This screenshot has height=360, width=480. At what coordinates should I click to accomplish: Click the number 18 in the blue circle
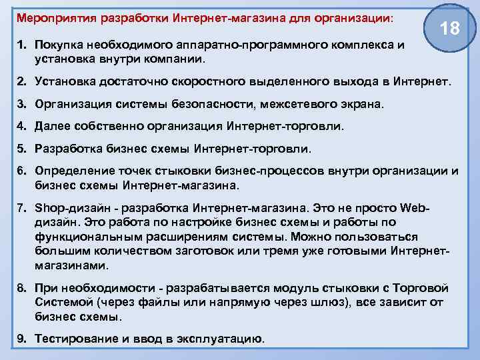[x=450, y=29]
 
